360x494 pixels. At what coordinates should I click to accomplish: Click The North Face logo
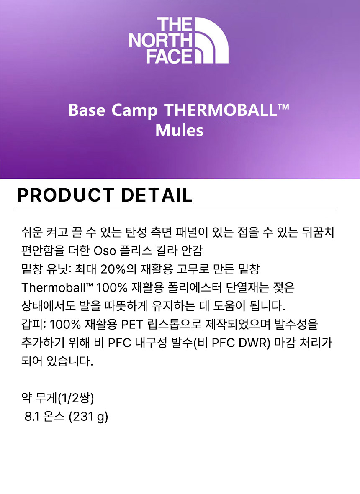click(179, 40)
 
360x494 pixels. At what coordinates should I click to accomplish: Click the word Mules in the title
click(179, 130)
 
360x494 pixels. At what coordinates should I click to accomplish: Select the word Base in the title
click(87, 110)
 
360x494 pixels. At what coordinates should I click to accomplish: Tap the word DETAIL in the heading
click(157, 195)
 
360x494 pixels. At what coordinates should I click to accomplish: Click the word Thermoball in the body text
click(57, 287)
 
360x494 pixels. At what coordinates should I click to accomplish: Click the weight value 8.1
click(31, 417)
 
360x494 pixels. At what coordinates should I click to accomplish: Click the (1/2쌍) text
click(76, 398)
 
